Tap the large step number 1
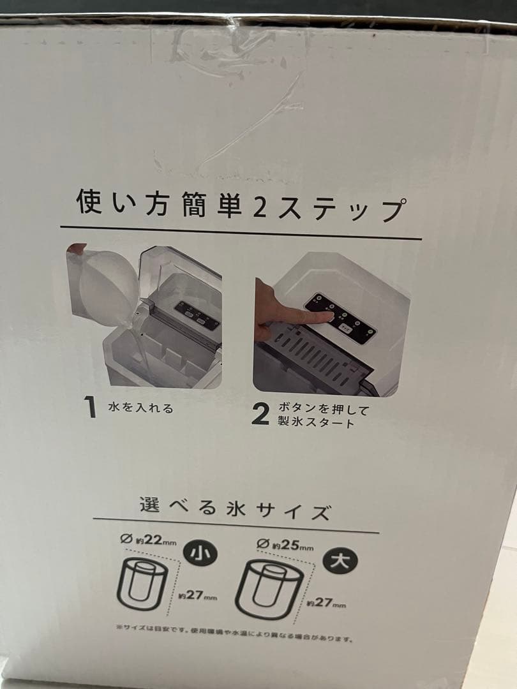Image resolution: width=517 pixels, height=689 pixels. point(92,408)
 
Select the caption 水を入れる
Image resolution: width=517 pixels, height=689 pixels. point(140,408)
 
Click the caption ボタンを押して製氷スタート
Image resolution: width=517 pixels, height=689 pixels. point(324,415)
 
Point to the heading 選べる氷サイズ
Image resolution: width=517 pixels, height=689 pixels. point(236,510)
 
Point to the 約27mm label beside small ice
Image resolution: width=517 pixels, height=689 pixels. point(197,597)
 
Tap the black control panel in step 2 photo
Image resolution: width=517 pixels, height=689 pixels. point(341,319)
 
